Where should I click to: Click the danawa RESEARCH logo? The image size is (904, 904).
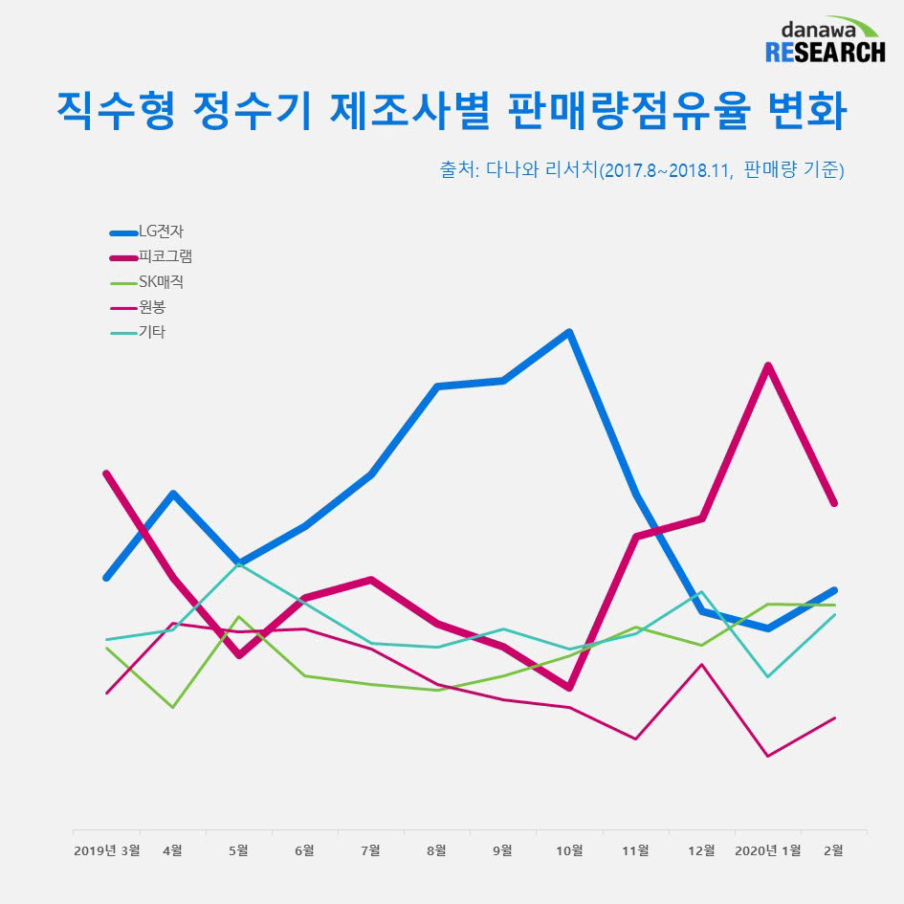(825, 40)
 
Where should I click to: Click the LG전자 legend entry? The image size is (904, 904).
(161, 232)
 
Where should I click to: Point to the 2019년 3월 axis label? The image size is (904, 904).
(106, 849)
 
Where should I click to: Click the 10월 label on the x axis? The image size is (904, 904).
(569, 849)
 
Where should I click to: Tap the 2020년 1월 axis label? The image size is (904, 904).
(767, 849)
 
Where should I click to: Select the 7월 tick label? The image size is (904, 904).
(370, 849)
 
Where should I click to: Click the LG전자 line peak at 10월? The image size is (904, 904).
(569, 333)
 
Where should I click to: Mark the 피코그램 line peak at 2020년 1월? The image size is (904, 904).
(767, 365)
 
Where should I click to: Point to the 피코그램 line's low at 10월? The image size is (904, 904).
(569, 688)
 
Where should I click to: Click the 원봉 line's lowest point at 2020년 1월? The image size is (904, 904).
(767, 756)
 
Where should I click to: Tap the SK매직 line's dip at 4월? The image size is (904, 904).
(172, 707)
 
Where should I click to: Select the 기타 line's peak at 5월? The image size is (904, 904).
(239, 563)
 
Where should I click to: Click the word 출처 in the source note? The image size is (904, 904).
(456, 170)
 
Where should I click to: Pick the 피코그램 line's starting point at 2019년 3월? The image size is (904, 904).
(106, 473)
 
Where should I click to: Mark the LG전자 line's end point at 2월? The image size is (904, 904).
(835, 590)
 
